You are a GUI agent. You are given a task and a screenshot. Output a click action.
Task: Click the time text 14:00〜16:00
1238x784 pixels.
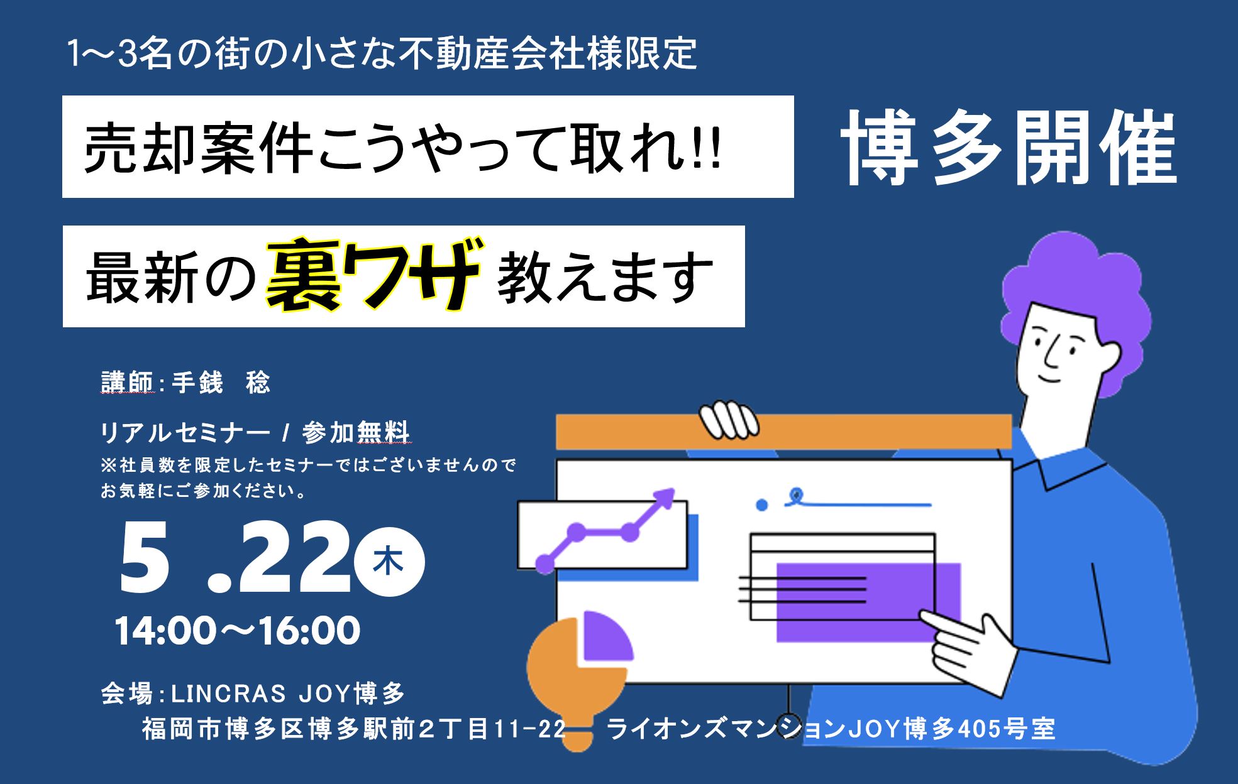tap(238, 631)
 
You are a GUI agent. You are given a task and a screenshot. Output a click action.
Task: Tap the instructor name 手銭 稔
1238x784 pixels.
tap(221, 383)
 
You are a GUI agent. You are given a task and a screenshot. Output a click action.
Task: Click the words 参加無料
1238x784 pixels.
tap(356, 433)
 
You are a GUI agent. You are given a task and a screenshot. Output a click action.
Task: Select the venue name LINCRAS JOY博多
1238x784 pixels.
tap(289, 694)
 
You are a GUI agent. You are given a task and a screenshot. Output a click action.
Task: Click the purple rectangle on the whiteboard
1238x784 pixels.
tap(869, 602)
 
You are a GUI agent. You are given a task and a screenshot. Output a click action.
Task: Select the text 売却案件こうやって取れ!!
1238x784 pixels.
tap(403, 148)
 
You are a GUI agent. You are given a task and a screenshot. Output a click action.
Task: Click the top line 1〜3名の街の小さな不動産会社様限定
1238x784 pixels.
tap(382, 55)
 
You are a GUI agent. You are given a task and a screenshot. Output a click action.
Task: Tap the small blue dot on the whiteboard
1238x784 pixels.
tap(762, 504)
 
